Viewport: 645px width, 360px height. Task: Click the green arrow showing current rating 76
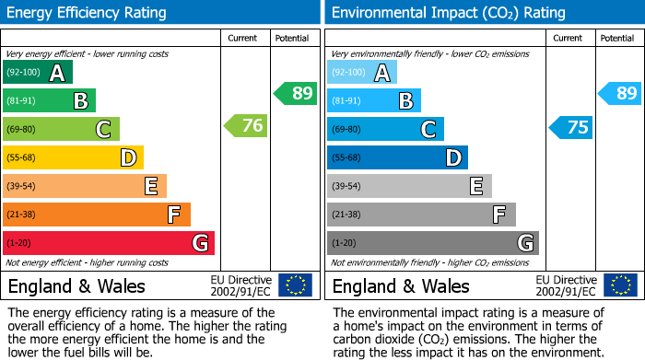[247, 126]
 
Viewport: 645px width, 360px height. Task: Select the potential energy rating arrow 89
[296, 93]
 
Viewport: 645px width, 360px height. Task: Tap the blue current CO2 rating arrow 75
[571, 127]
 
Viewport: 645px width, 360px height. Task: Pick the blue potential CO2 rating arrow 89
[620, 93]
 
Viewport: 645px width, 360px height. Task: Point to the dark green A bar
[38, 72]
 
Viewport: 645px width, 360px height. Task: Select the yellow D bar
[74, 157]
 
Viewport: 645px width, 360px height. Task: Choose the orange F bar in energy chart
[97, 215]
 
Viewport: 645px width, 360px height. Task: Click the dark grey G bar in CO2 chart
[433, 243]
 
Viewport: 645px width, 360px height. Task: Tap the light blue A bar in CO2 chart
[362, 72]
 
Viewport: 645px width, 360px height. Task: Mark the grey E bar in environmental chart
[409, 186]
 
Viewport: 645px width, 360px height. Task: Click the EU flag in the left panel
[295, 285]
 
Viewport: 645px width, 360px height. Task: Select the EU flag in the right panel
[619, 285]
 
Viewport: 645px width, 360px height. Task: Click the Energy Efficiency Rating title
[88, 13]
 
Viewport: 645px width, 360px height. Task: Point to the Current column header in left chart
[244, 38]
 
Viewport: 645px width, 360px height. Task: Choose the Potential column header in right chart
[617, 38]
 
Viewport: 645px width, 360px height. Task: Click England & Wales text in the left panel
[76, 285]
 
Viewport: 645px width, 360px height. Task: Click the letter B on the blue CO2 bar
[405, 100]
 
